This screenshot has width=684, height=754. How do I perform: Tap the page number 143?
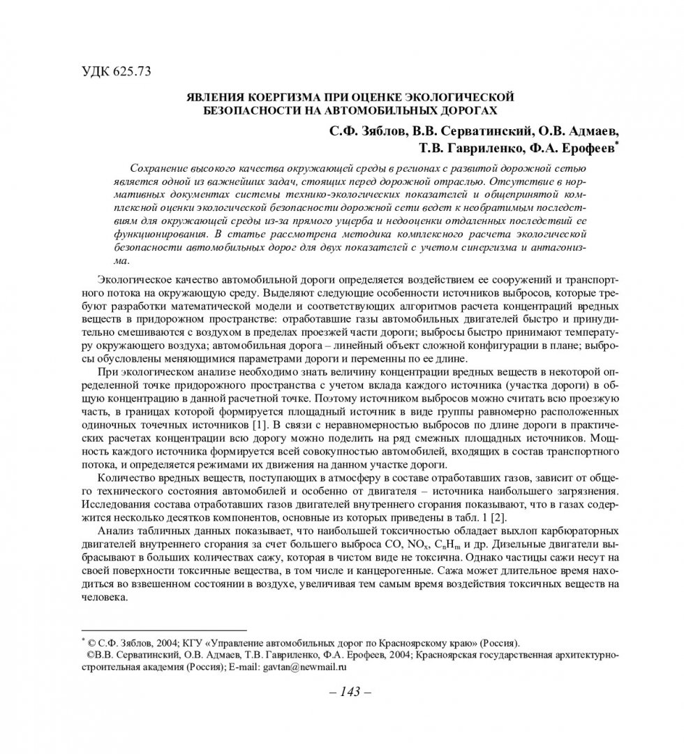click(341, 692)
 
